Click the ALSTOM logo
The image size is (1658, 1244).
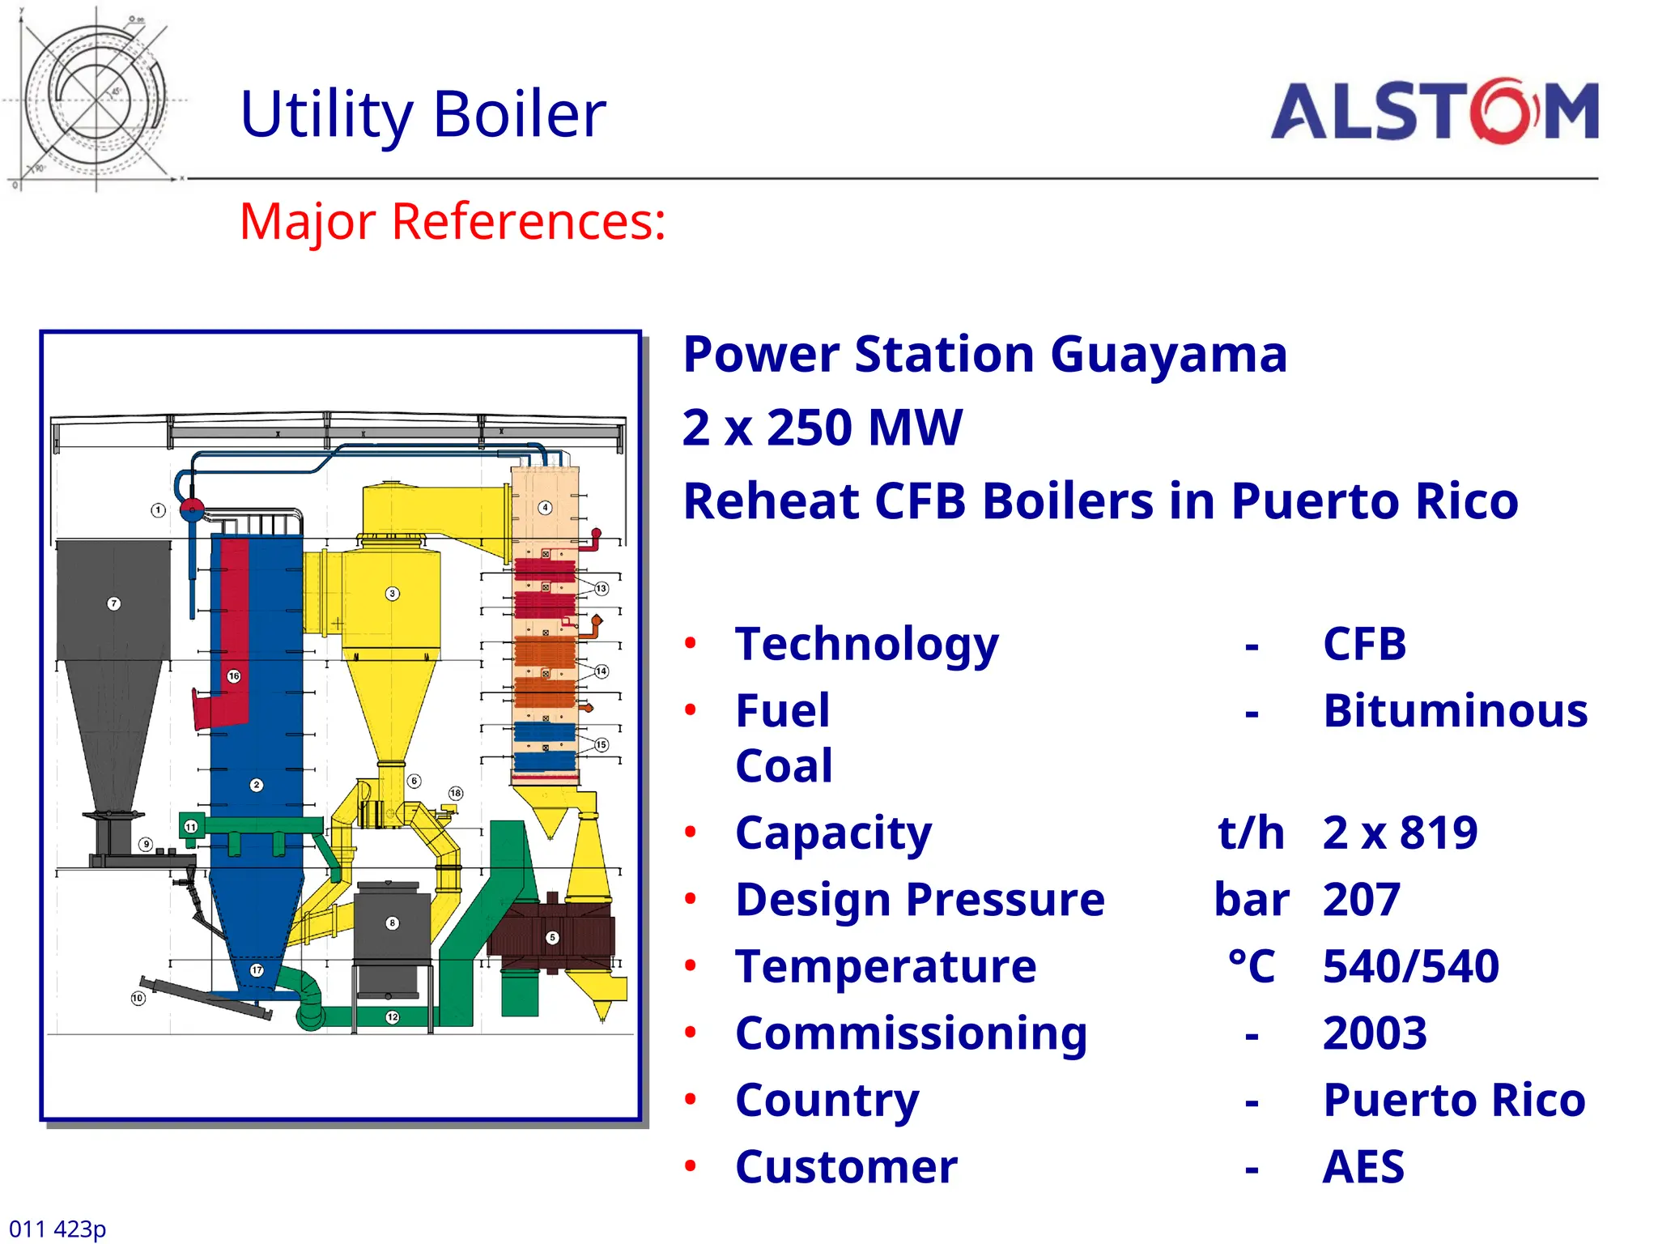point(1434,112)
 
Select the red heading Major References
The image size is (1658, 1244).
point(452,221)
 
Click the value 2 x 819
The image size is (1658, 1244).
point(1400,833)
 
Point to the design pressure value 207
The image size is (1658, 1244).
point(1361,899)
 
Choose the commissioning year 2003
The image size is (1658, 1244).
point(1374,1033)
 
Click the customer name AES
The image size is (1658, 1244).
point(1363,1166)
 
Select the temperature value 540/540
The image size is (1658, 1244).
point(1410,966)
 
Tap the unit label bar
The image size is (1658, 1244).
point(1251,899)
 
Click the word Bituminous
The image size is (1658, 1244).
point(1455,711)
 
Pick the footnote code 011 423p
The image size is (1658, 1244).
point(57,1229)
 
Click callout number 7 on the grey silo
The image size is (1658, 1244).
point(114,603)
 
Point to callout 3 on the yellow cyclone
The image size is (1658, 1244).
point(392,594)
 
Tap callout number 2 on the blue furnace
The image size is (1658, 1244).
point(257,785)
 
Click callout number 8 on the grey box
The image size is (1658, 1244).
point(392,923)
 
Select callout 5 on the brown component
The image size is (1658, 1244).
point(552,938)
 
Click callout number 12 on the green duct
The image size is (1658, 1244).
point(392,1017)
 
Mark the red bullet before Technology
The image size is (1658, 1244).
point(690,644)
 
